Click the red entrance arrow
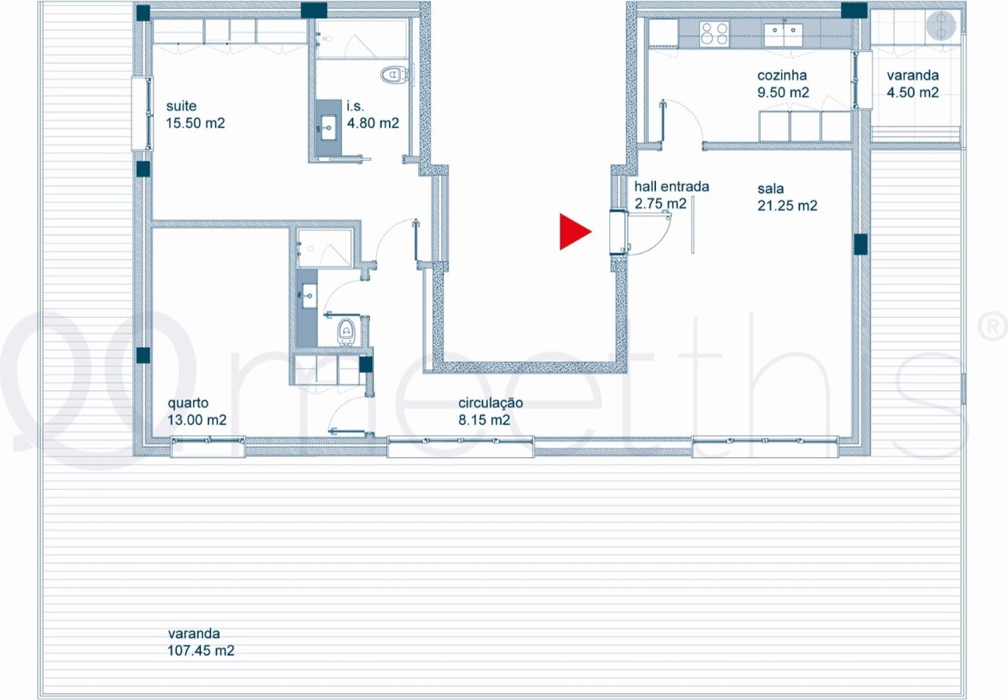pos(573,232)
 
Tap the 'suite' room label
pos(181,106)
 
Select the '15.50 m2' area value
pos(195,123)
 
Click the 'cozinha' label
pos(782,75)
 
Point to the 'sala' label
pos(770,188)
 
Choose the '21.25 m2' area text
pos(787,206)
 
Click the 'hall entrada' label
pos(672,186)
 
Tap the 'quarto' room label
pos(188,403)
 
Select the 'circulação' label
pos(491,403)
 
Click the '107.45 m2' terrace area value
pos(201,650)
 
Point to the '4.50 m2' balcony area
pos(913,92)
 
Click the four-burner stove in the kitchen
pos(714,33)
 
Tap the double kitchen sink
pos(784,34)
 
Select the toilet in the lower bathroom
pos(346,331)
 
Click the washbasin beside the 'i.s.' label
pos(328,128)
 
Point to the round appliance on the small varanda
pos(940,26)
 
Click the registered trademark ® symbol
pos(994,326)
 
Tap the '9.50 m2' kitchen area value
pos(783,92)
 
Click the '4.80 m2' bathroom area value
pos(372,123)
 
